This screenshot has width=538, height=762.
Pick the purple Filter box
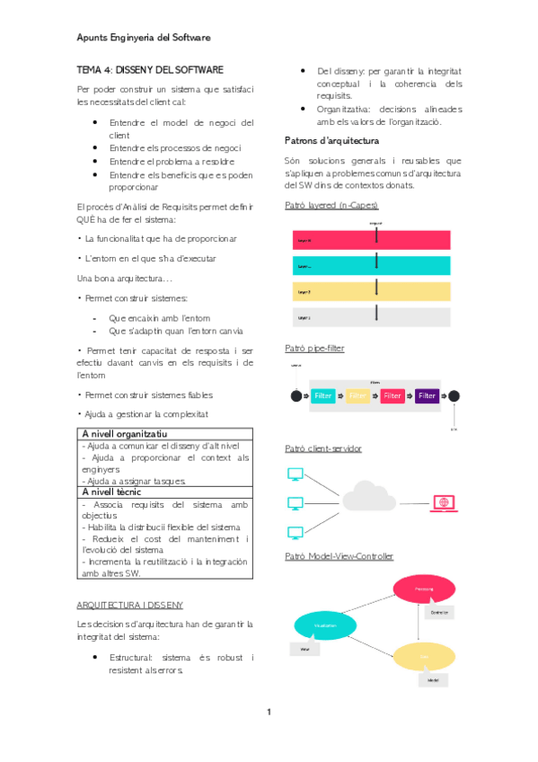point(427,395)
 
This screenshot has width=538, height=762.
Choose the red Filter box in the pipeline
point(392,395)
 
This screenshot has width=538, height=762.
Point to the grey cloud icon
point(369,499)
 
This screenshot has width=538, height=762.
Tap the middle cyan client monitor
point(294,503)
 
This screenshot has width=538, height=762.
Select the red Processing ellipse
point(424,588)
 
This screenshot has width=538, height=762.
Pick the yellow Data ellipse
point(425,657)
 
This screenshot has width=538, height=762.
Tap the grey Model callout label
point(433,680)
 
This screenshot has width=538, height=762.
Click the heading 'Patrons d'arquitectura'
point(331,140)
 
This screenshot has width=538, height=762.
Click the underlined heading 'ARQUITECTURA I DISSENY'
point(131,605)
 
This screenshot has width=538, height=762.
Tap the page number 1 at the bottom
point(269,713)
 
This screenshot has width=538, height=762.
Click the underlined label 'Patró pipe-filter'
point(314,348)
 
